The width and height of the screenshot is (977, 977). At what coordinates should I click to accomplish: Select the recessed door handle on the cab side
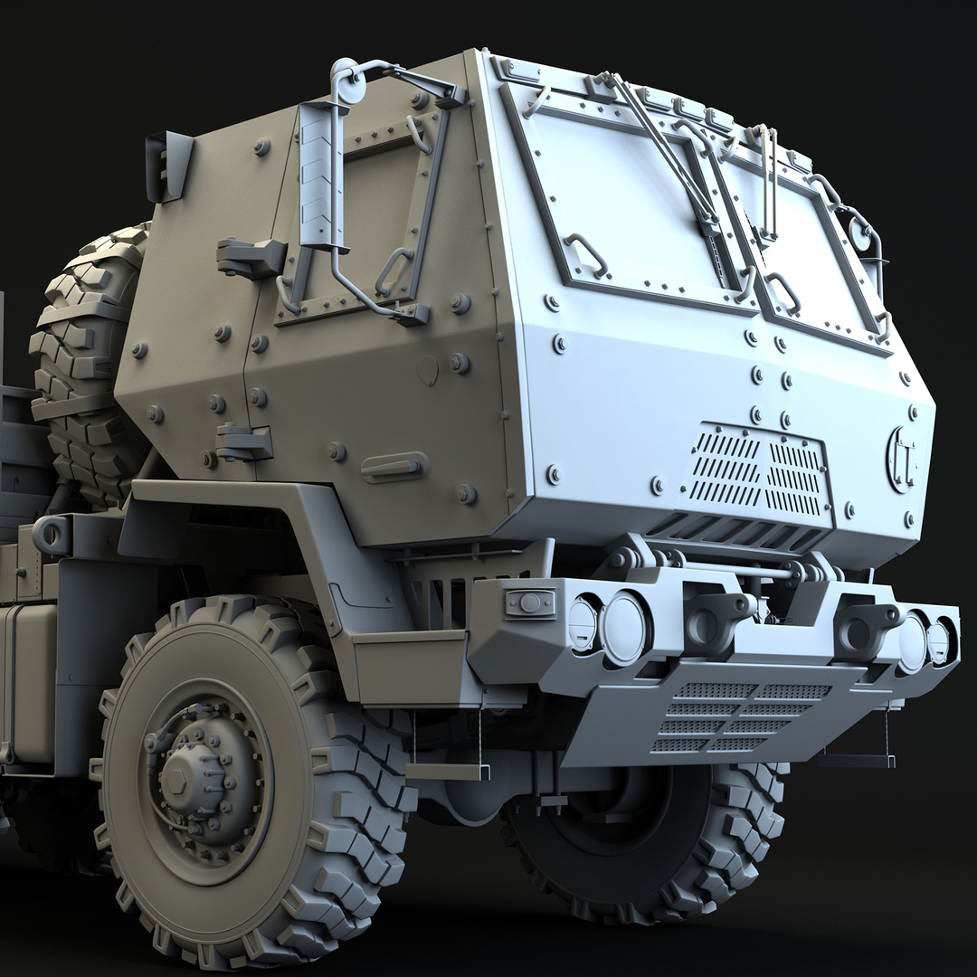(394, 467)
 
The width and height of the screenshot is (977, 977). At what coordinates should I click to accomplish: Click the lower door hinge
(243, 441)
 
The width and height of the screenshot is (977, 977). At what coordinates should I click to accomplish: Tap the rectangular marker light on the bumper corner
(530, 602)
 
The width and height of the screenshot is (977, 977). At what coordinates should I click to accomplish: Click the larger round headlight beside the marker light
(625, 628)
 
